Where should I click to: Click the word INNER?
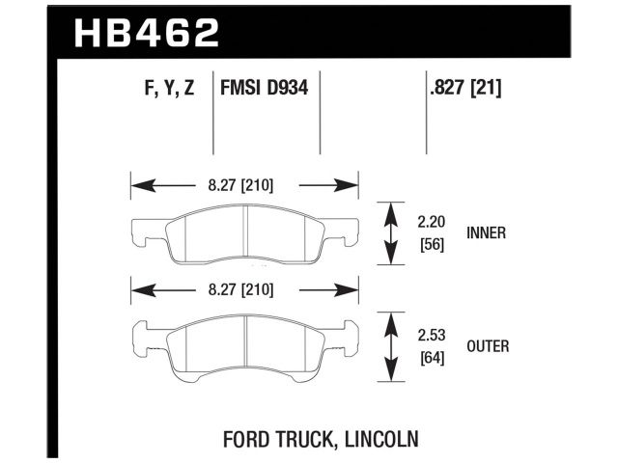coord(486,232)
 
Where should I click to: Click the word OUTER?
coord(488,344)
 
